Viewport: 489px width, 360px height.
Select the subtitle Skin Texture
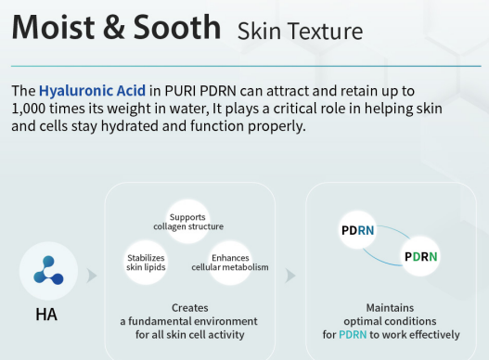[300, 32]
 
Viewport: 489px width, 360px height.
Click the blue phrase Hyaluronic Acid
[91, 91]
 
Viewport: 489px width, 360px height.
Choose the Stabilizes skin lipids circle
[146, 263]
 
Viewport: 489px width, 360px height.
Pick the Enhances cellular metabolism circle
[230, 263]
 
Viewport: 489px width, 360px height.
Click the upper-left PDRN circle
[357, 229]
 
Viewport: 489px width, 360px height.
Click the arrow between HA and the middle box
[91, 276]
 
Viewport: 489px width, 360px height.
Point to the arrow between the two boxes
[290, 276]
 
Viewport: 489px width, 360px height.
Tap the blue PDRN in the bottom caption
[354, 335]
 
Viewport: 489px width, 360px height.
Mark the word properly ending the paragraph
[277, 126]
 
